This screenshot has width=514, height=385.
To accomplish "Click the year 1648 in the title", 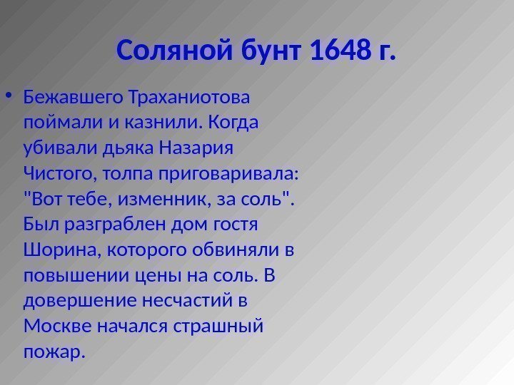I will click(x=342, y=51).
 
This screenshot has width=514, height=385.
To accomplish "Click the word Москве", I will click(x=51, y=327).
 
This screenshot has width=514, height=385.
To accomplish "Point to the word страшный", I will click(x=224, y=327).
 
